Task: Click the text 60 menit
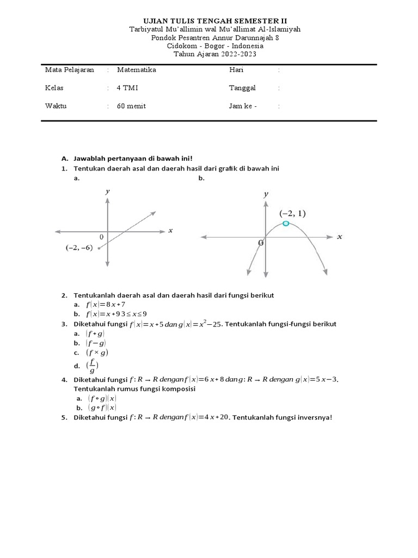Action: (131, 106)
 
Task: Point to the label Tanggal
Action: (242, 88)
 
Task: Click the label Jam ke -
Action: (243, 106)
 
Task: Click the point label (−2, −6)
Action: (79, 248)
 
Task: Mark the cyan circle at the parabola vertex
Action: (286, 223)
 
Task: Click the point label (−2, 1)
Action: (293, 213)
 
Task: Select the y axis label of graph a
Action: (108, 191)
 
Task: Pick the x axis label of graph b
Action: (340, 236)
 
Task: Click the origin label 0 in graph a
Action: (102, 237)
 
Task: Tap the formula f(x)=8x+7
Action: (106, 304)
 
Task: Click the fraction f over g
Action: (93, 366)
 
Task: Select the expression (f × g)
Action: (97, 353)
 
